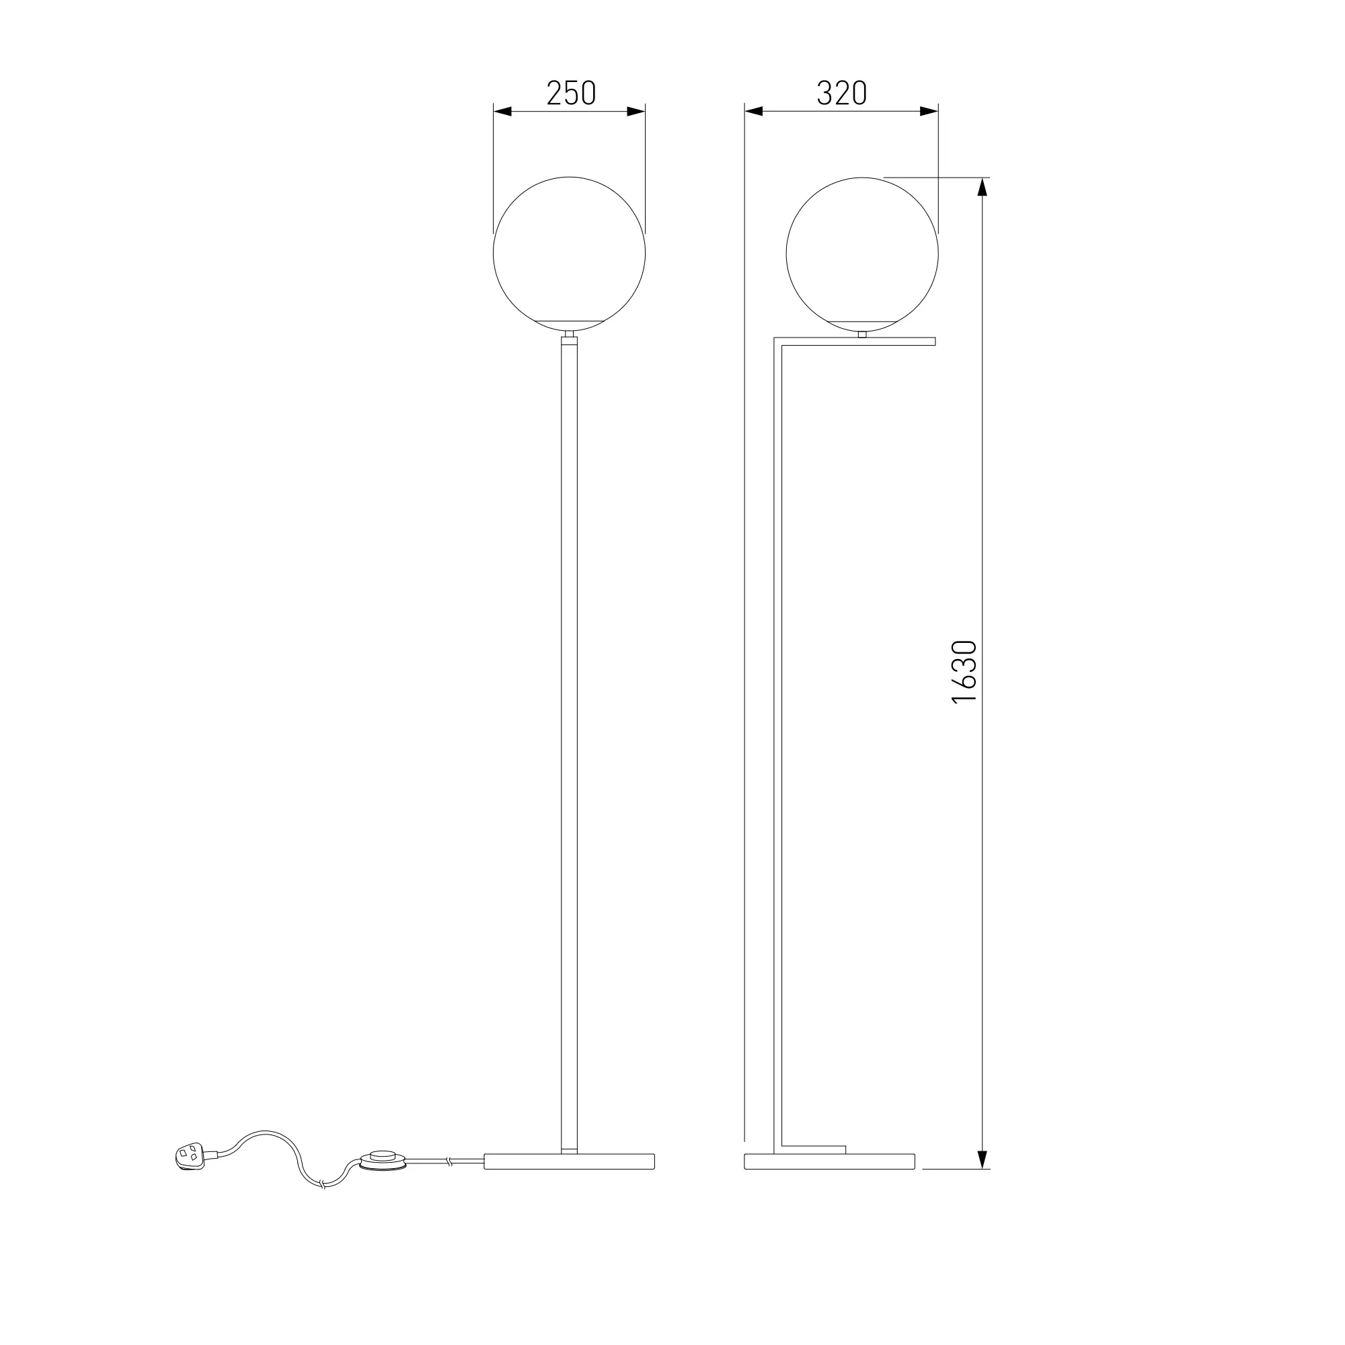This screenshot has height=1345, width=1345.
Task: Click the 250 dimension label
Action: pos(571,93)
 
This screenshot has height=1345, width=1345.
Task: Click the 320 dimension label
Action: pos(842,93)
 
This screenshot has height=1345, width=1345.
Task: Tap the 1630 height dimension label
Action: pos(964,672)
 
